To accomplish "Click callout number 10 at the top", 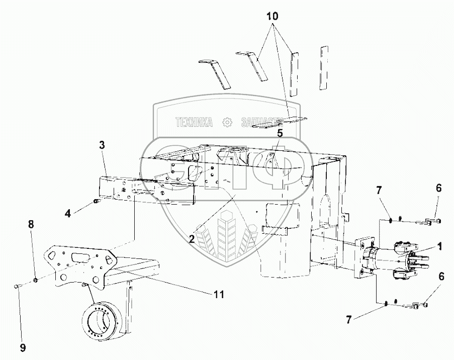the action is [x=272, y=16].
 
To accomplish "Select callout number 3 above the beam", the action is [x=102, y=145].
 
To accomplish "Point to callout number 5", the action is [x=280, y=134].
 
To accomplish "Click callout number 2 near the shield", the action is [x=192, y=239].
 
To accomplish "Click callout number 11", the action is [x=218, y=293].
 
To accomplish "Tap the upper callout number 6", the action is [x=438, y=188].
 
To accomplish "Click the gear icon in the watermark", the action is [x=227, y=122].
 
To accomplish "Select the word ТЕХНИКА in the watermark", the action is [x=194, y=122].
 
